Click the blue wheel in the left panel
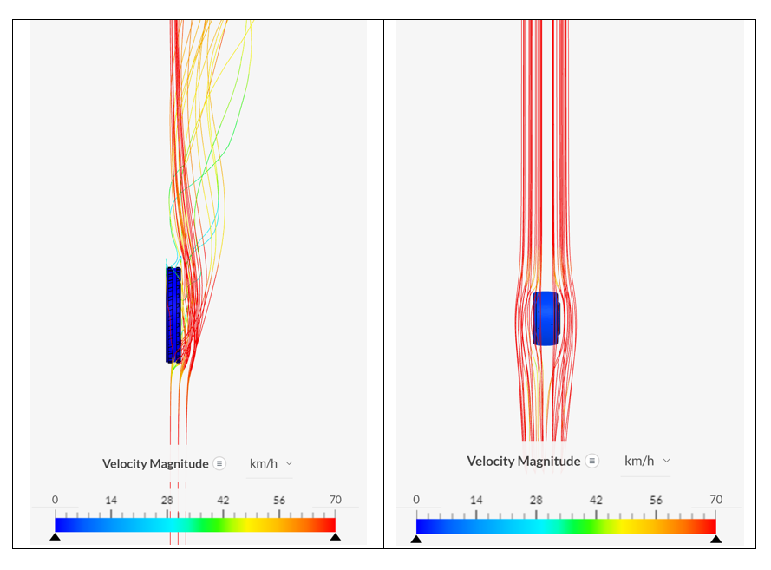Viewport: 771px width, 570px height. point(173,314)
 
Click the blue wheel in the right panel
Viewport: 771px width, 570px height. point(546,318)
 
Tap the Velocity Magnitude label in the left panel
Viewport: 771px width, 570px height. point(155,463)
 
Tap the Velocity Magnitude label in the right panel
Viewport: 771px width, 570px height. point(524,461)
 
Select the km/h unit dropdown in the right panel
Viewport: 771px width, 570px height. point(647,461)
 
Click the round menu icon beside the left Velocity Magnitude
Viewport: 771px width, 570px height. point(219,463)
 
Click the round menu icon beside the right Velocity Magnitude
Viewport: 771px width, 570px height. point(591,461)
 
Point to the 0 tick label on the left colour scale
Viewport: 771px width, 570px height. point(55,500)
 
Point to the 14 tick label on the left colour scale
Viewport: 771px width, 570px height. point(111,500)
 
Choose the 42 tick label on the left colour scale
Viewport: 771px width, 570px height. point(223,500)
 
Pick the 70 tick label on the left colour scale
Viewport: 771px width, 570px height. point(335,500)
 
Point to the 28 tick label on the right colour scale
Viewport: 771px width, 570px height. point(536,500)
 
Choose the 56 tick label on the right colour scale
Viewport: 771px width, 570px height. point(656,500)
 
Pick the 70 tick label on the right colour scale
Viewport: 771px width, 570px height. point(715,500)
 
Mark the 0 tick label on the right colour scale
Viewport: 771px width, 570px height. point(416,500)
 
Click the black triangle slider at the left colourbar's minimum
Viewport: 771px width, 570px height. point(55,537)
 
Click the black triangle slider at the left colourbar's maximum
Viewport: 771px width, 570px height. point(335,537)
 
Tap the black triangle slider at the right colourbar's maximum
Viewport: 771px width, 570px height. point(715,539)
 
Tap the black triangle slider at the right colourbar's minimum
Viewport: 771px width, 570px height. point(416,539)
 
